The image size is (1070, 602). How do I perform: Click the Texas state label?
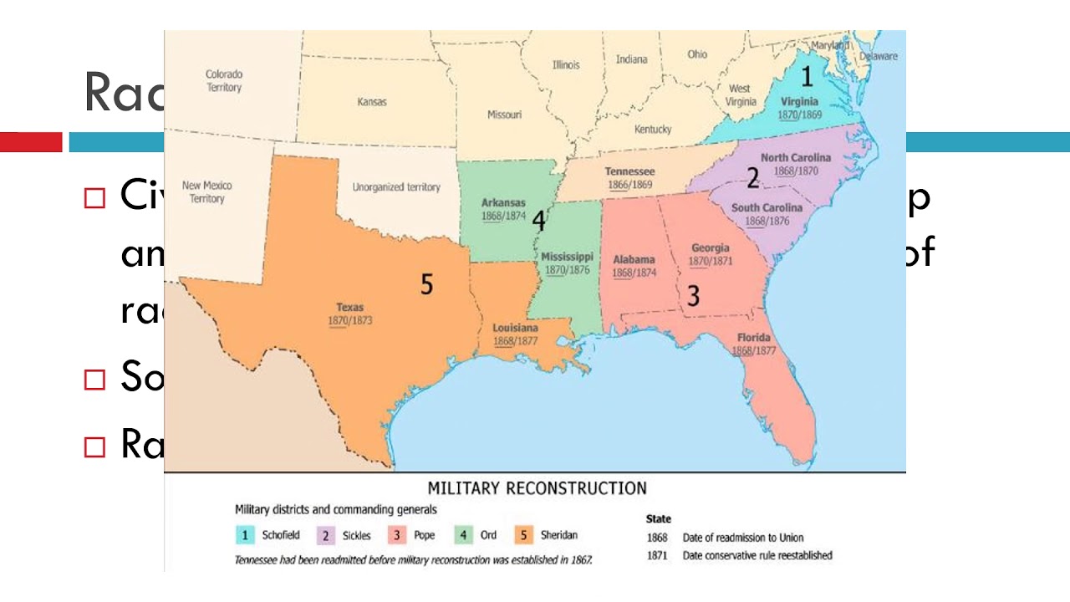(350, 308)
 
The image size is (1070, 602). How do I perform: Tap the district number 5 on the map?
(426, 284)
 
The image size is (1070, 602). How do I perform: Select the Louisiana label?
(515, 329)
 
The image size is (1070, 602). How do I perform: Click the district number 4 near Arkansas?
(538, 221)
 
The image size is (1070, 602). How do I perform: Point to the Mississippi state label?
(567, 257)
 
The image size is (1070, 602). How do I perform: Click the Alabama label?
(634, 260)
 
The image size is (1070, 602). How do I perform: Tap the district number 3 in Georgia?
(693, 295)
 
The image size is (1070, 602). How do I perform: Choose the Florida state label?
(753, 338)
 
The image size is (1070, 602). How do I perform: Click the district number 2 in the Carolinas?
(752, 178)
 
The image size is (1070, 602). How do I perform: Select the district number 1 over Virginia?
(807, 77)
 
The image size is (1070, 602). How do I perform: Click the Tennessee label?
(629, 171)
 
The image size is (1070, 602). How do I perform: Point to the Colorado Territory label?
(223, 81)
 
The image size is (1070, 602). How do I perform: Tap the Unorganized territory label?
(395, 187)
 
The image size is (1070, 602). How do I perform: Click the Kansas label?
(372, 102)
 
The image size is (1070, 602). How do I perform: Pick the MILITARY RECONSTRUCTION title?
(537, 488)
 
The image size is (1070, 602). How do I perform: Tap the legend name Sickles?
(356, 536)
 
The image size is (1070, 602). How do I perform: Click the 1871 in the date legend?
(657, 555)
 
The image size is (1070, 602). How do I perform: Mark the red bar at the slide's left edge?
(31, 142)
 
